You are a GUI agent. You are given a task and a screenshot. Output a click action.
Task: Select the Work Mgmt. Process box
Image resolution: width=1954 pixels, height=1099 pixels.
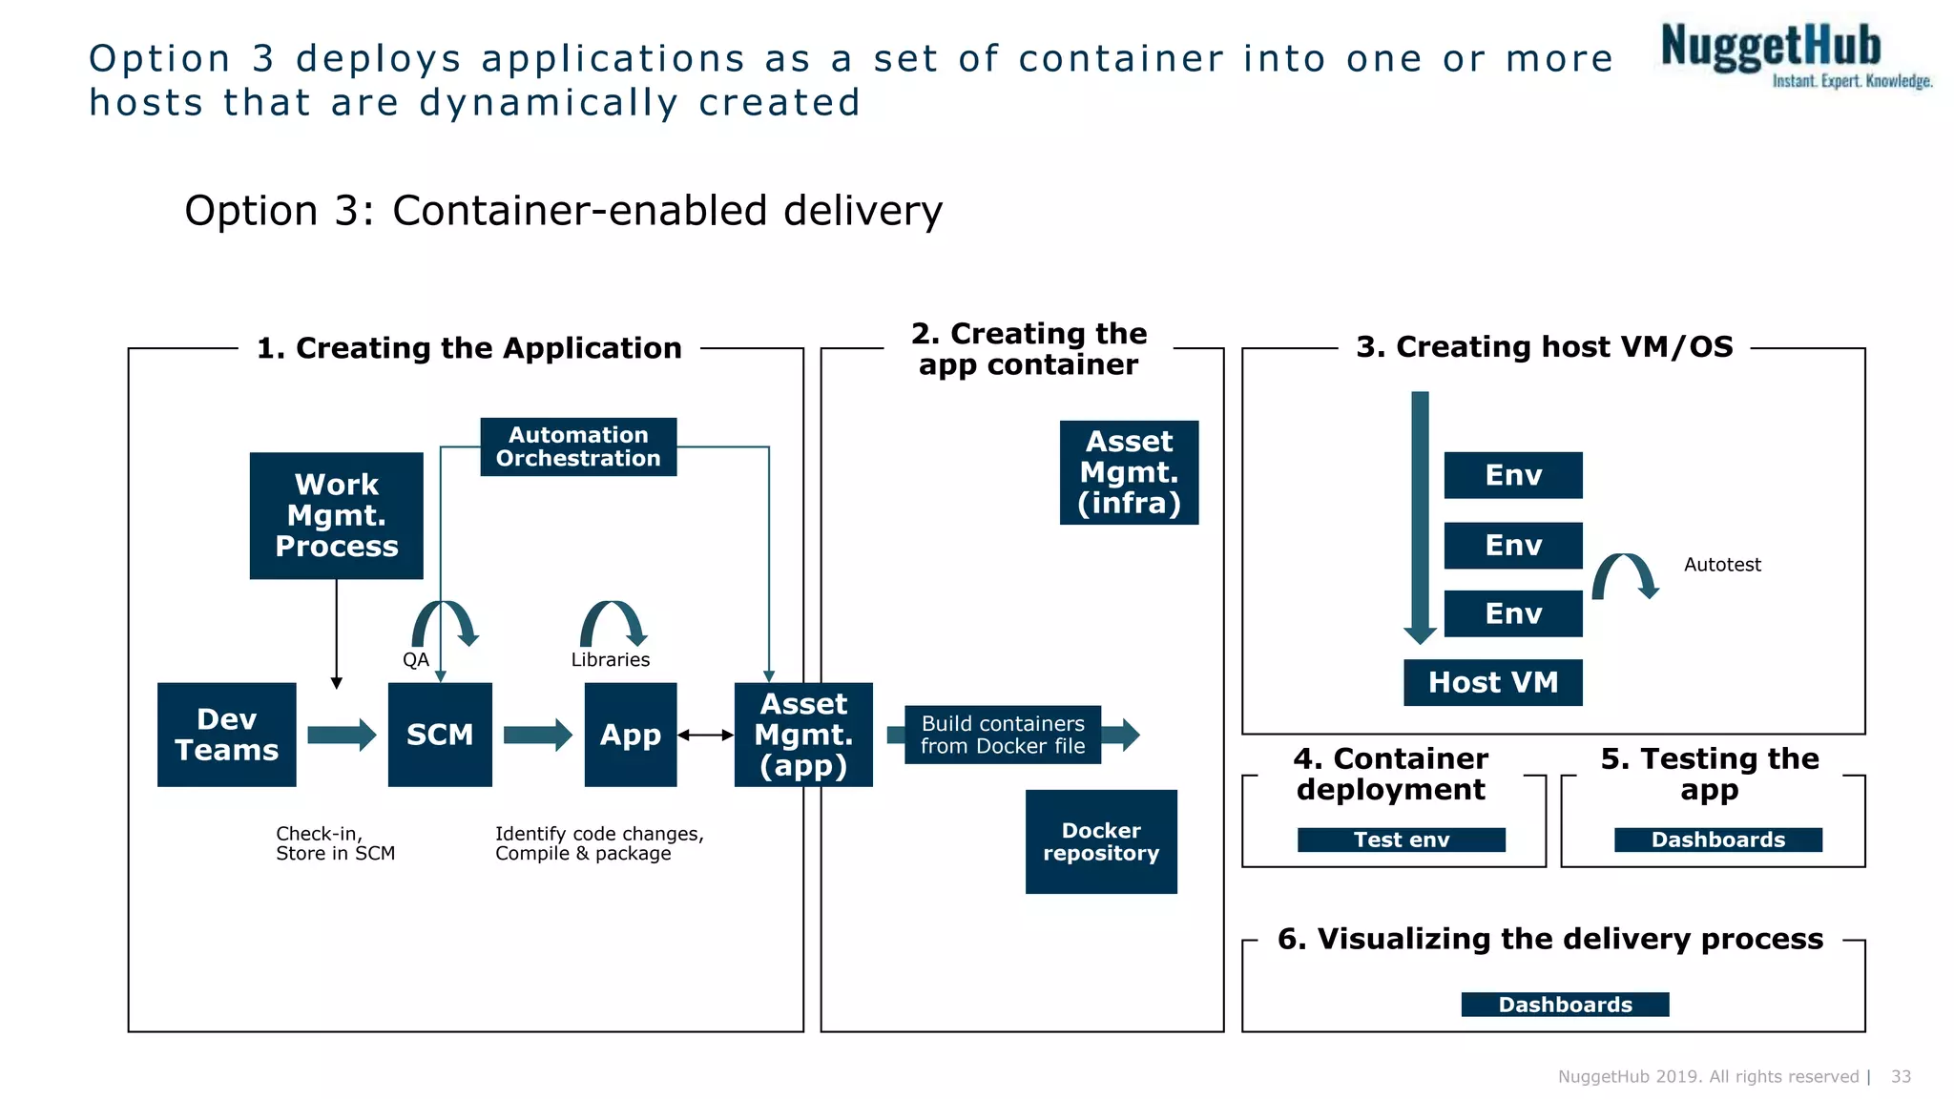tap(336, 515)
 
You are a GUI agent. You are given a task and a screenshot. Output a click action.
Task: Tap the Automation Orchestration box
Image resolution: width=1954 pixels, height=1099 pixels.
tap(578, 446)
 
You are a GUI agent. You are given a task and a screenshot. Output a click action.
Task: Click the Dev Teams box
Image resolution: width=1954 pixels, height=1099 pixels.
tap(227, 735)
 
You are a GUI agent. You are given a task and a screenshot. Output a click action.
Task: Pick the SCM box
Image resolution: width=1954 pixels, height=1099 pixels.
tap(440, 735)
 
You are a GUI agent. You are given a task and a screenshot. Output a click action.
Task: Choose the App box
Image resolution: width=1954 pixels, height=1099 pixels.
tap(631, 735)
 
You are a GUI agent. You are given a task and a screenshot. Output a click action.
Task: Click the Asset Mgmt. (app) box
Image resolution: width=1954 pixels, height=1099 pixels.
tap(803, 735)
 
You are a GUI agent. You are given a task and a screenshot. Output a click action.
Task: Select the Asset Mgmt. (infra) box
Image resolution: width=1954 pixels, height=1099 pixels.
tap(1129, 472)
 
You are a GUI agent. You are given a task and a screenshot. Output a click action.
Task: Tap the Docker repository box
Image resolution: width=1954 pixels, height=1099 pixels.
tap(1101, 841)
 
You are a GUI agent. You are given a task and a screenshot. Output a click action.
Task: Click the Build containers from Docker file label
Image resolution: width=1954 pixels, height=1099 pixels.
tap(1003, 735)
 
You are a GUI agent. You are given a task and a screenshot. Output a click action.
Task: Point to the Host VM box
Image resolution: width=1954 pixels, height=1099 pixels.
tap(1493, 682)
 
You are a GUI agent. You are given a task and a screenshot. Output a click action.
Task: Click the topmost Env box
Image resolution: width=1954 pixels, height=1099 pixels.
tap(1513, 475)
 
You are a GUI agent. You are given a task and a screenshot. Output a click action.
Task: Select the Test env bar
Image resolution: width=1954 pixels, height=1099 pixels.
tap(1401, 840)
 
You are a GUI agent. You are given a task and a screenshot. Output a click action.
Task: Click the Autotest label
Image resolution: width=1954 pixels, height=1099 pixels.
tap(1722, 565)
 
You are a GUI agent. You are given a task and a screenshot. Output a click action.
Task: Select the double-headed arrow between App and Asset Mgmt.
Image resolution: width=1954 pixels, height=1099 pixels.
tap(705, 735)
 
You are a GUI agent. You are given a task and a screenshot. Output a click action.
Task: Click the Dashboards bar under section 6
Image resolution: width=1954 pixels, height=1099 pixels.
tap(1565, 1005)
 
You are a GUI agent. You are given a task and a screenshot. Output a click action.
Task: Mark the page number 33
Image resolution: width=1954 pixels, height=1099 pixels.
tap(1901, 1076)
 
